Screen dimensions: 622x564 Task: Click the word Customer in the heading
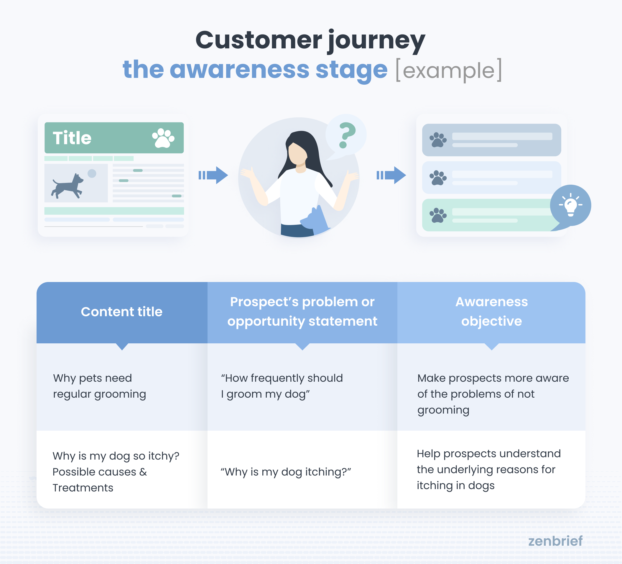point(259,40)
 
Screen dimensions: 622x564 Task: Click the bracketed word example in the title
point(449,70)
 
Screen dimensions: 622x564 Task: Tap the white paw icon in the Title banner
point(163,138)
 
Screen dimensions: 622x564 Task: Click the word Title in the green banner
point(72,138)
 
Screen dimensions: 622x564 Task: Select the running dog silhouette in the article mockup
point(68,186)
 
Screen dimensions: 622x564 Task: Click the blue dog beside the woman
point(315,219)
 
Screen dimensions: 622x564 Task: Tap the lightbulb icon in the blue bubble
point(570,205)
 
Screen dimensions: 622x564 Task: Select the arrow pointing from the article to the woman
point(213,175)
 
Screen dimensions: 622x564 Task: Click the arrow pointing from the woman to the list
point(391,175)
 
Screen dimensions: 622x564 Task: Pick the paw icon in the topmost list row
point(438,140)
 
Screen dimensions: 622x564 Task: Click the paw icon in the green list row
point(438,215)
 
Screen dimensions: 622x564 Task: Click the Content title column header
point(121,312)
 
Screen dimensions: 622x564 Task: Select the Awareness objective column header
point(491,311)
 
